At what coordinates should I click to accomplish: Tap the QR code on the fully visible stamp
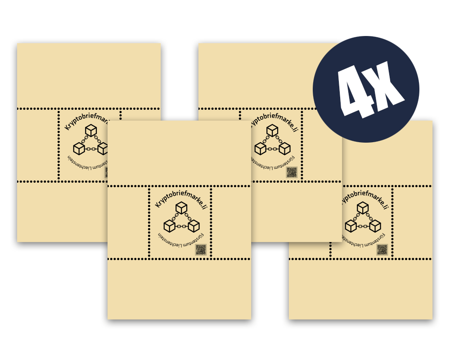point(201,250)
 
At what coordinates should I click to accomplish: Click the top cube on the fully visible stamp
point(181,207)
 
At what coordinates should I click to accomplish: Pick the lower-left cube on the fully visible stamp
point(169,225)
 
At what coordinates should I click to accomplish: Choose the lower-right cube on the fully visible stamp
point(193,225)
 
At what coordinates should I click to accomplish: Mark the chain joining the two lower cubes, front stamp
point(181,226)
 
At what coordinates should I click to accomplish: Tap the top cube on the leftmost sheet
point(91,130)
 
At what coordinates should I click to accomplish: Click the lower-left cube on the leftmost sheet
point(79,148)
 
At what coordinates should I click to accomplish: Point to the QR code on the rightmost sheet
point(382,250)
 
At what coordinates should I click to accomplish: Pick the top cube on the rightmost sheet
point(363,207)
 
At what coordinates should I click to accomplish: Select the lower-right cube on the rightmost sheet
point(375,225)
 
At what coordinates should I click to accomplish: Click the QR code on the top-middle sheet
point(292,172)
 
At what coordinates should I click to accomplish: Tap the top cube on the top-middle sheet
point(272,130)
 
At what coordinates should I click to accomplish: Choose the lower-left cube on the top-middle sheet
point(260,148)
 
